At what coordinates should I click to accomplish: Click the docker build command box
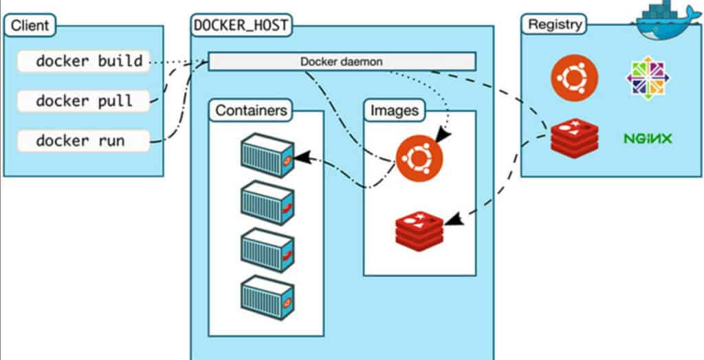click(83, 62)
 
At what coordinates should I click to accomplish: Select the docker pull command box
click(83, 101)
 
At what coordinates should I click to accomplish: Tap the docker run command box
click(83, 141)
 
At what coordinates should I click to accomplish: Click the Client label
click(30, 27)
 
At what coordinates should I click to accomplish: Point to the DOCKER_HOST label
click(241, 26)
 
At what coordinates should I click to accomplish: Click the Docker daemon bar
click(342, 61)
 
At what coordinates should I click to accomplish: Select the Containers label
click(251, 110)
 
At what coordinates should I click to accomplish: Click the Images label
click(394, 110)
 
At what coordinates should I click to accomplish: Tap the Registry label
click(554, 25)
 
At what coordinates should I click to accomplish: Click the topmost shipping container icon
click(267, 156)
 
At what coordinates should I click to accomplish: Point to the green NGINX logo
click(648, 139)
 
